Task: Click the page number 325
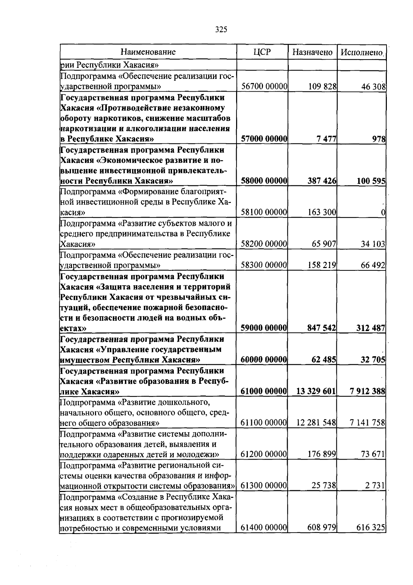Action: pos(221,30)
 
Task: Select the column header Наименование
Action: pos(148,52)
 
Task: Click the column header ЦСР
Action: pos(262,52)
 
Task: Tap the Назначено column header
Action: pos(312,52)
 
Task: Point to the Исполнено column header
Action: pos(362,52)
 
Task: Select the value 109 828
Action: pos(322,86)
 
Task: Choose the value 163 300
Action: pos(322,213)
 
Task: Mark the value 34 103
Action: pos(373,244)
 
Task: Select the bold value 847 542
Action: pos(321,328)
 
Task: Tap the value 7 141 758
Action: pos(367,423)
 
